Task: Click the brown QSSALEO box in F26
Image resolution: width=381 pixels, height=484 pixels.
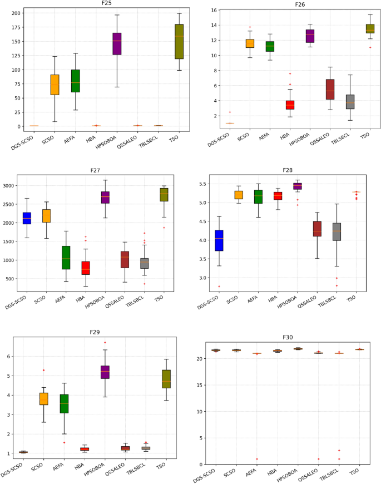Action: pyautogui.click(x=314, y=89)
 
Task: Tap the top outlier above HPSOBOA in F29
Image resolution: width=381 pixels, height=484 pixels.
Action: pyautogui.click(x=105, y=342)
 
